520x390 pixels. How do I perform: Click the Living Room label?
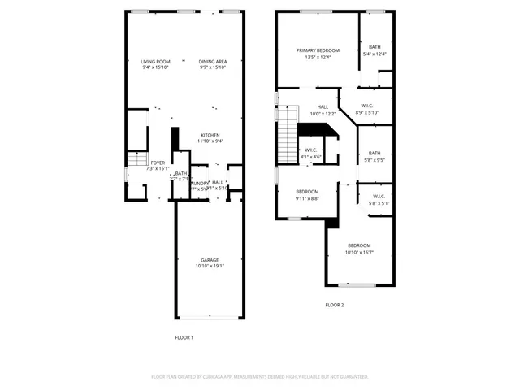[x=154, y=62]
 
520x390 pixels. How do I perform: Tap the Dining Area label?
[x=213, y=62]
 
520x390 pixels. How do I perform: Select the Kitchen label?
[x=211, y=135]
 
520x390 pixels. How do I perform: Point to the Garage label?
[x=210, y=260]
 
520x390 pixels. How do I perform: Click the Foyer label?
[x=157, y=162]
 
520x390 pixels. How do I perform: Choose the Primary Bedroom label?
[x=317, y=50]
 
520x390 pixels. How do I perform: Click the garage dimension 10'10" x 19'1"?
[x=210, y=266]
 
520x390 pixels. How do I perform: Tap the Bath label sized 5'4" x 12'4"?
[x=375, y=47]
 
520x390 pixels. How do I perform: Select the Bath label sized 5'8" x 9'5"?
[x=374, y=153]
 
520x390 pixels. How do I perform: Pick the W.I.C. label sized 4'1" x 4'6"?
[x=311, y=149]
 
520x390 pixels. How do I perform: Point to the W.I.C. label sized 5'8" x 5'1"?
[x=379, y=196]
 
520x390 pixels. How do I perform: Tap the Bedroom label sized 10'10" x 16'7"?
[x=359, y=245]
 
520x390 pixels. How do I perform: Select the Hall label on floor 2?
[x=323, y=106]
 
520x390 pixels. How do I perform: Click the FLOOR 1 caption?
[x=184, y=337]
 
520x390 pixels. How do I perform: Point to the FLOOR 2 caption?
[x=335, y=305]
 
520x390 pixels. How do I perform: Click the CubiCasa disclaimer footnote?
[x=260, y=377]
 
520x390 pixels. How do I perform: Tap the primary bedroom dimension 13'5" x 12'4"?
[x=317, y=57]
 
